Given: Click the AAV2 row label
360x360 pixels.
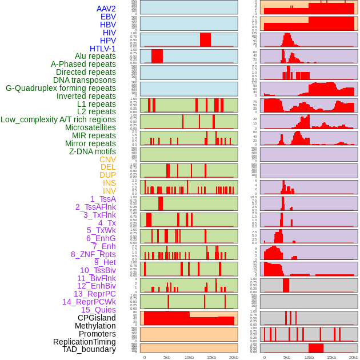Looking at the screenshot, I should pos(106,9).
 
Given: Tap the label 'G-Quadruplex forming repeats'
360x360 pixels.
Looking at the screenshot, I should pos(61,88).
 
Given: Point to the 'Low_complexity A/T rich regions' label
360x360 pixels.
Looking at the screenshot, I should pos(58,119).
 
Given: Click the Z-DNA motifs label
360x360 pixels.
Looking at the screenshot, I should pos(93,151).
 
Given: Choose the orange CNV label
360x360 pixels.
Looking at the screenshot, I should pos(107,159).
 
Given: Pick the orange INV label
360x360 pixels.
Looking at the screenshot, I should pos(109,191).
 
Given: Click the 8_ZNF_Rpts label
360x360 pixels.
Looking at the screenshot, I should pos(93,254).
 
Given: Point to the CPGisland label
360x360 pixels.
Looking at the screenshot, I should pos(97,318).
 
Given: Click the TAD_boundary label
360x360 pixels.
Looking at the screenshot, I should pos(89,349).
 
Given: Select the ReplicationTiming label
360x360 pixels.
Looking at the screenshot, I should pos(84,342).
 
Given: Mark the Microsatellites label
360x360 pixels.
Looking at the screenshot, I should pos(90,127).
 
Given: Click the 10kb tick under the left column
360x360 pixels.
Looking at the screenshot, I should pos(189,357).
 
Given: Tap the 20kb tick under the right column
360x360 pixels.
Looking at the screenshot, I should pos(354,357).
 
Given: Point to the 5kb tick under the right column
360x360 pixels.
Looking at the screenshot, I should pos(287,357).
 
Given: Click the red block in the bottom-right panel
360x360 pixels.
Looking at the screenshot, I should pos(316,348).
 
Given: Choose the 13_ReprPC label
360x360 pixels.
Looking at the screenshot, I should pos(94,294).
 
